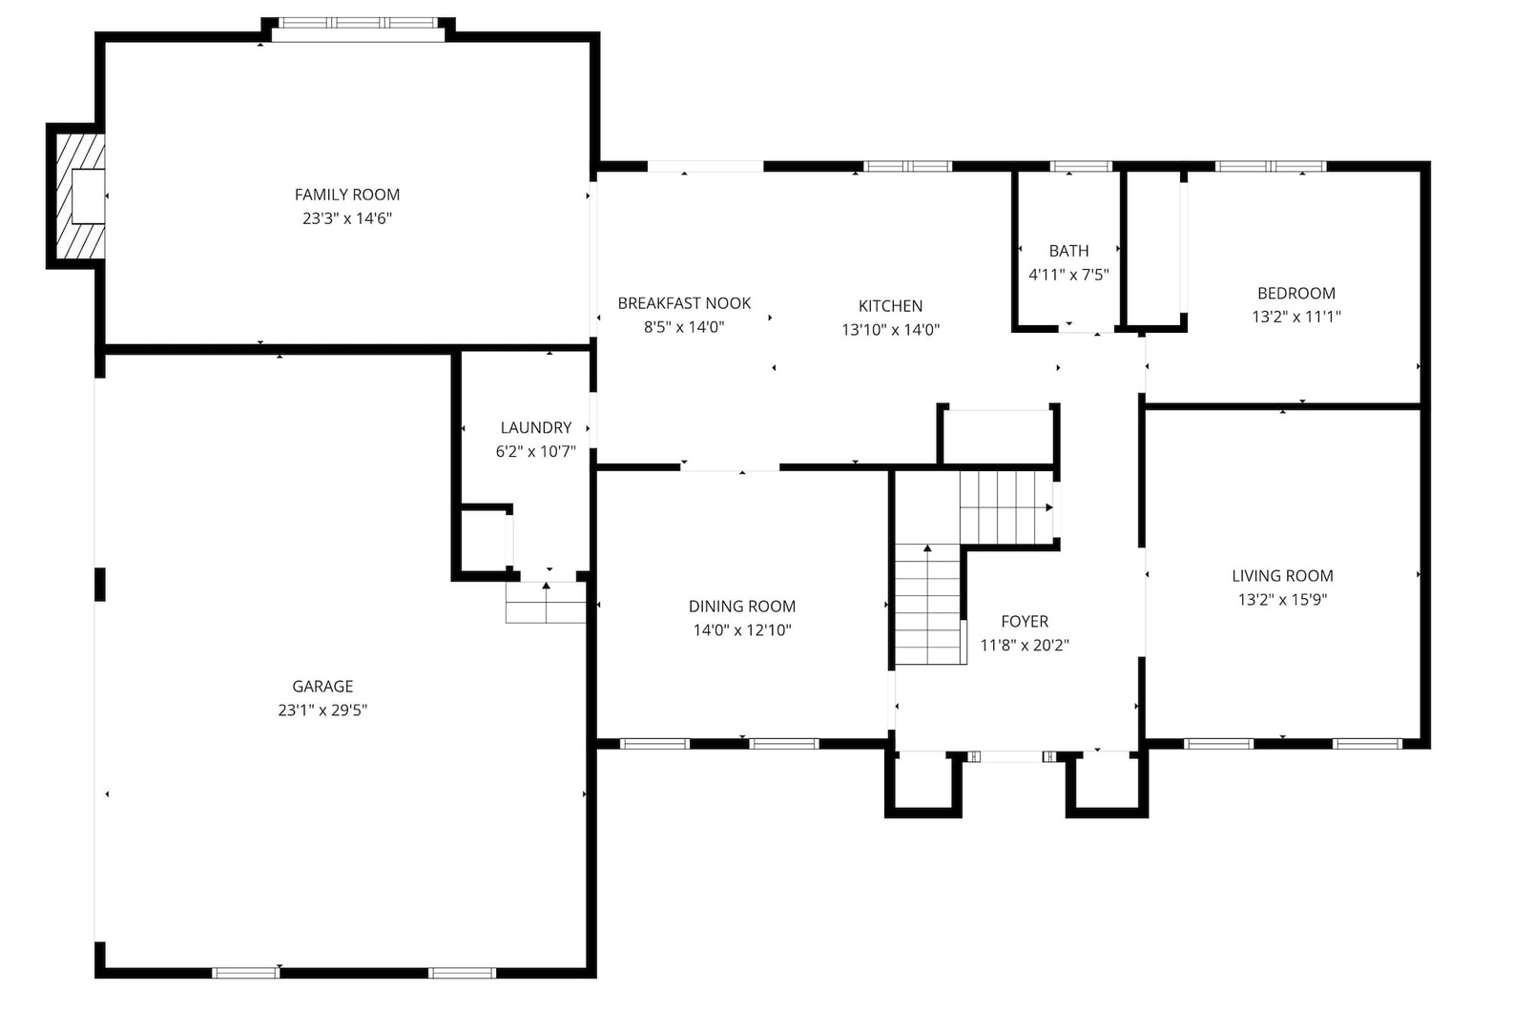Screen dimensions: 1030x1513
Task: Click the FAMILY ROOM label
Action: [x=347, y=195]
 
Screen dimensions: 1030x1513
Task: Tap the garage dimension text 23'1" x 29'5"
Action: [x=322, y=710]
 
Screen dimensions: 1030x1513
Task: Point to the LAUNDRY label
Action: [x=535, y=427]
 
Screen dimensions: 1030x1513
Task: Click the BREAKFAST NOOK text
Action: [x=684, y=303]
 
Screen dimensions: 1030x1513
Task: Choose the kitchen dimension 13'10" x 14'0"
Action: [x=890, y=330]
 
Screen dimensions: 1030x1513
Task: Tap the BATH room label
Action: [x=1068, y=251]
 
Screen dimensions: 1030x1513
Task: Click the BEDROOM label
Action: [x=1295, y=293]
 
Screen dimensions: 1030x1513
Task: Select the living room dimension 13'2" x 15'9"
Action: [x=1282, y=599]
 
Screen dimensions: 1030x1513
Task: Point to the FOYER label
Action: [x=1025, y=621]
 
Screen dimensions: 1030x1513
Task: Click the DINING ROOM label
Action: [x=741, y=606]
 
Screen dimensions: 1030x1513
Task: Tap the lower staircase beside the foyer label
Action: [x=927, y=605]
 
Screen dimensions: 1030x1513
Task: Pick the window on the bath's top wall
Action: [x=1081, y=167]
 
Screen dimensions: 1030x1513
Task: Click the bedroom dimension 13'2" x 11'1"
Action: [x=1295, y=317]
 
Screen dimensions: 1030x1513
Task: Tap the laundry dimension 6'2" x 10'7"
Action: [x=535, y=451]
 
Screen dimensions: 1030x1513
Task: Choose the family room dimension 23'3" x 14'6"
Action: [x=347, y=218]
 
